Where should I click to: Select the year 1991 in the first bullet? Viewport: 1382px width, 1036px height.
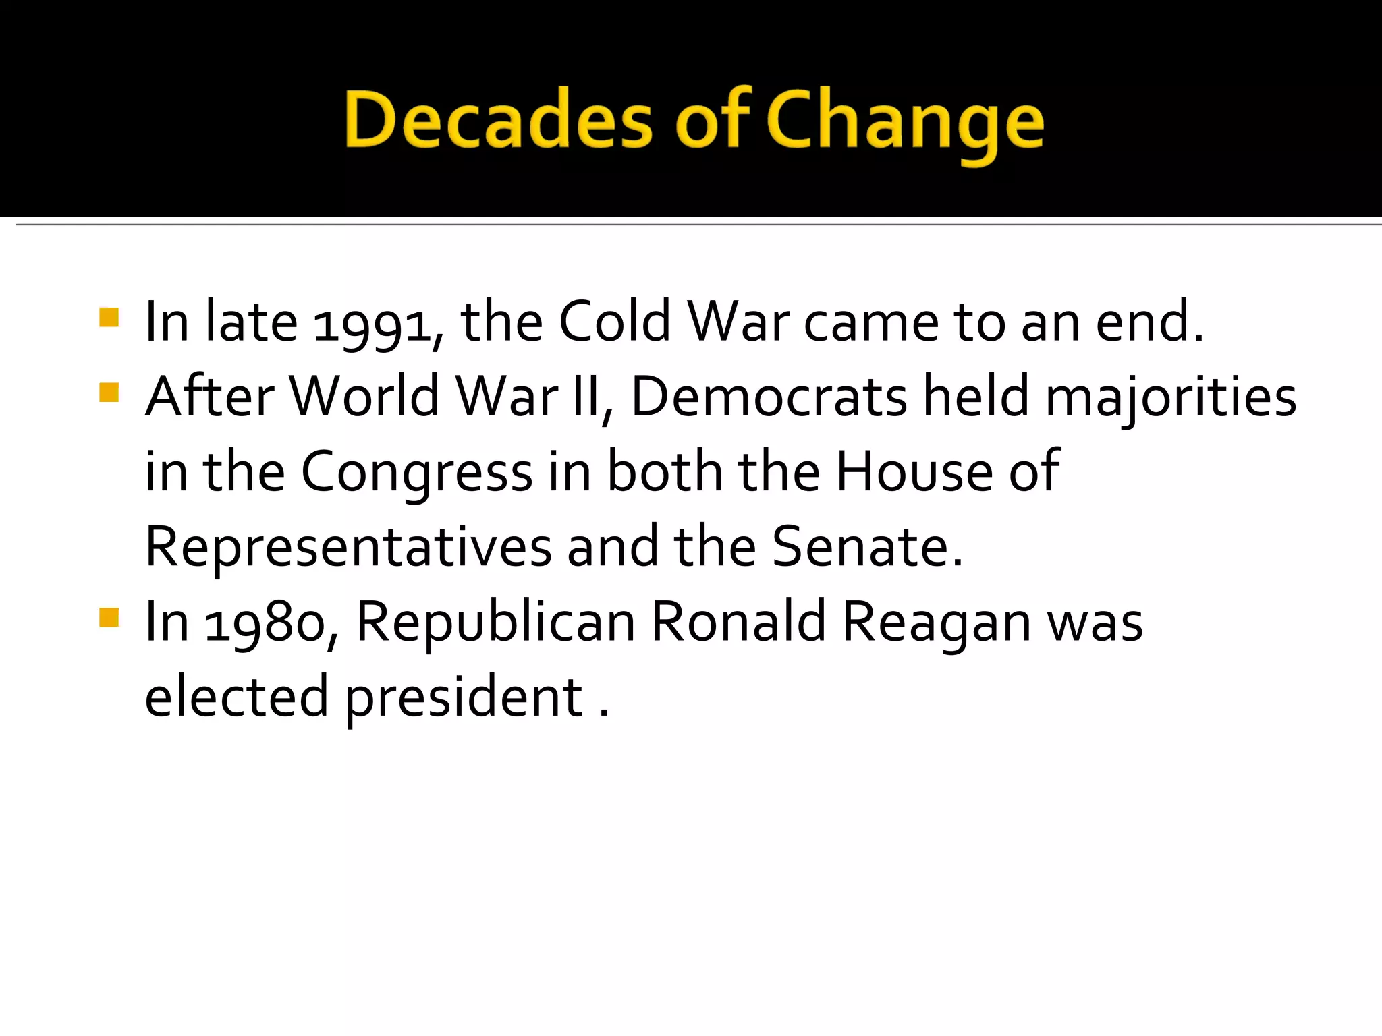[x=372, y=324]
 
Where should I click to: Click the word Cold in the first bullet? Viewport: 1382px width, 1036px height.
[x=614, y=322]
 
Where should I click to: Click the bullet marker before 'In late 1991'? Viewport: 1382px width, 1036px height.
[x=109, y=317]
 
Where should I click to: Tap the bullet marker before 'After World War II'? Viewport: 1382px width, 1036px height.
[x=109, y=393]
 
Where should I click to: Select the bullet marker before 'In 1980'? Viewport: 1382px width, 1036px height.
[x=109, y=617]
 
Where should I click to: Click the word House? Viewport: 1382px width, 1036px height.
[x=914, y=472]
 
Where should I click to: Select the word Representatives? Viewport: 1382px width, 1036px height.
[x=348, y=548]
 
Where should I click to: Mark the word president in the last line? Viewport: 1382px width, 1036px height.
[x=464, y=699]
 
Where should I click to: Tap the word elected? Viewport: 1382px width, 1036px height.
[x=236, y=697]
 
